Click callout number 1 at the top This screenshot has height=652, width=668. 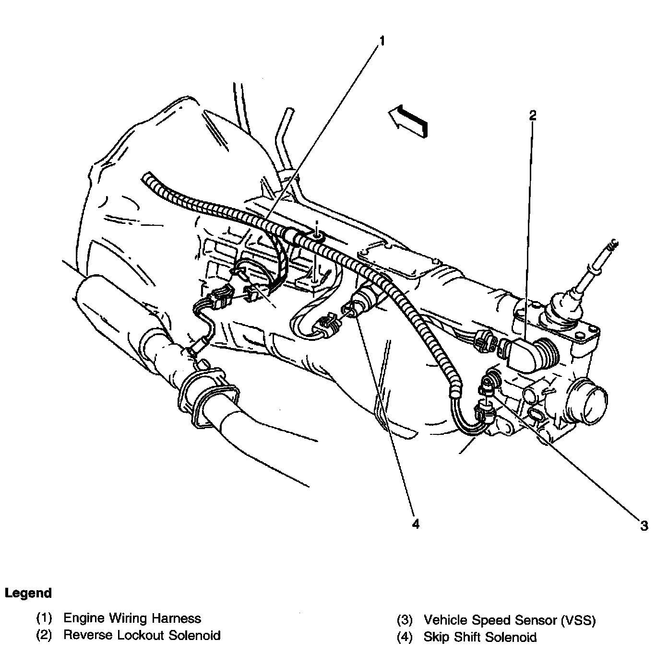click(x=382, y=41)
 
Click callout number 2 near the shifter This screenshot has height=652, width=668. click(x=532, y=115)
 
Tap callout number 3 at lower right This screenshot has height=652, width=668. click(x=644, y=525)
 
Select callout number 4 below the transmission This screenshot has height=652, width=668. click(x=415, y=524)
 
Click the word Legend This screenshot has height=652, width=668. click(x=28, y=593)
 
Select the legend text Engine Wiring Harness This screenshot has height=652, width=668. click(x=132, y=618)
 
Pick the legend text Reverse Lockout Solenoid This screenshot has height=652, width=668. click(x=142, y=636)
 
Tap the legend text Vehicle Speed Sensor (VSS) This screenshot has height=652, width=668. click(x=509, y=620)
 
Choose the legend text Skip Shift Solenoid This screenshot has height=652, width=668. click(x=480, y=637)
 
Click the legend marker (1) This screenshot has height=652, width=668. click(x=44, y=618)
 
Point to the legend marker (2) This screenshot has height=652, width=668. click(x=44, y=636)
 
